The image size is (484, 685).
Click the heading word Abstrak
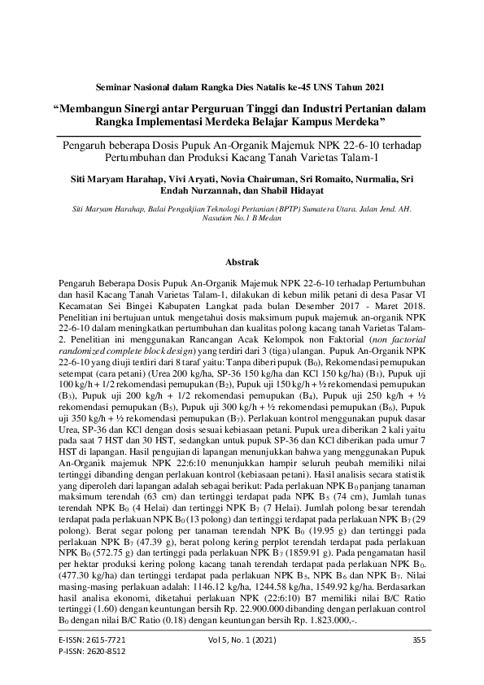click(x=242, y=263)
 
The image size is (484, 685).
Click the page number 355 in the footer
click(x=420, y=641)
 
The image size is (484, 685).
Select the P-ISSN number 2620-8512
click(x=106, y=652)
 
